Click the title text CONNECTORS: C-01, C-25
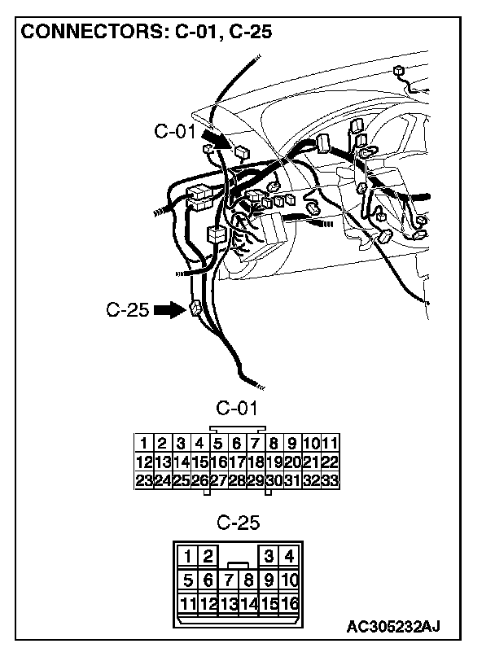coord(146,32)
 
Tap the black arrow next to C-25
coord(169,310)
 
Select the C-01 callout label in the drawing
coord(174,130)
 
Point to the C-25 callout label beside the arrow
coord(127,310)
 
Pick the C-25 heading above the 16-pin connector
coord(236,522)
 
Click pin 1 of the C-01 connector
coord(143,444)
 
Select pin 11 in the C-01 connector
coord(330,444)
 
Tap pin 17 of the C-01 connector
coord(236,462)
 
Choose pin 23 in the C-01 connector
coord(143,480)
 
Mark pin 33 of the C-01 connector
coord(330,480)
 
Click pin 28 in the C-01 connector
coord(236,480)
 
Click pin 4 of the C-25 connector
coord(289,557)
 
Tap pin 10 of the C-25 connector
coord(289,580)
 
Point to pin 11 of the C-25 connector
coord(187,604)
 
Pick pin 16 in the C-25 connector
coord(289,604)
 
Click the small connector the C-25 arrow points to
coord(195,309)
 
